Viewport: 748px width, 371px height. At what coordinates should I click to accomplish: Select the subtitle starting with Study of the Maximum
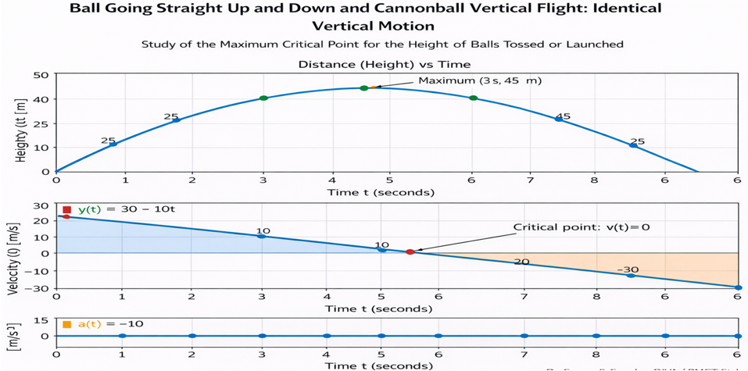382,44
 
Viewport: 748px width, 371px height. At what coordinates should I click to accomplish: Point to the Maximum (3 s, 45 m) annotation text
480,80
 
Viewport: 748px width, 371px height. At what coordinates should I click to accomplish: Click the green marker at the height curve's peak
364,88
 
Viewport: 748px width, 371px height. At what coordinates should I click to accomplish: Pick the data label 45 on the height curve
563,116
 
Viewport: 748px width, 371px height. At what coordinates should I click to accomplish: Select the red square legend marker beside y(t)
67,210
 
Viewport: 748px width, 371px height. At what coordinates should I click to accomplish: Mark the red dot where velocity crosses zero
410,251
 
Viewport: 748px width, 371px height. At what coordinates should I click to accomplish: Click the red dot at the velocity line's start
66,216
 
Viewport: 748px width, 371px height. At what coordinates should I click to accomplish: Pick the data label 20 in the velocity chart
521,262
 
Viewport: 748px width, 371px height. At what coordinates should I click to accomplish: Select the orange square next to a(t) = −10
67,323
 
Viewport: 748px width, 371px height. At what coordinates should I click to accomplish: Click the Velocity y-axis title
13,255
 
